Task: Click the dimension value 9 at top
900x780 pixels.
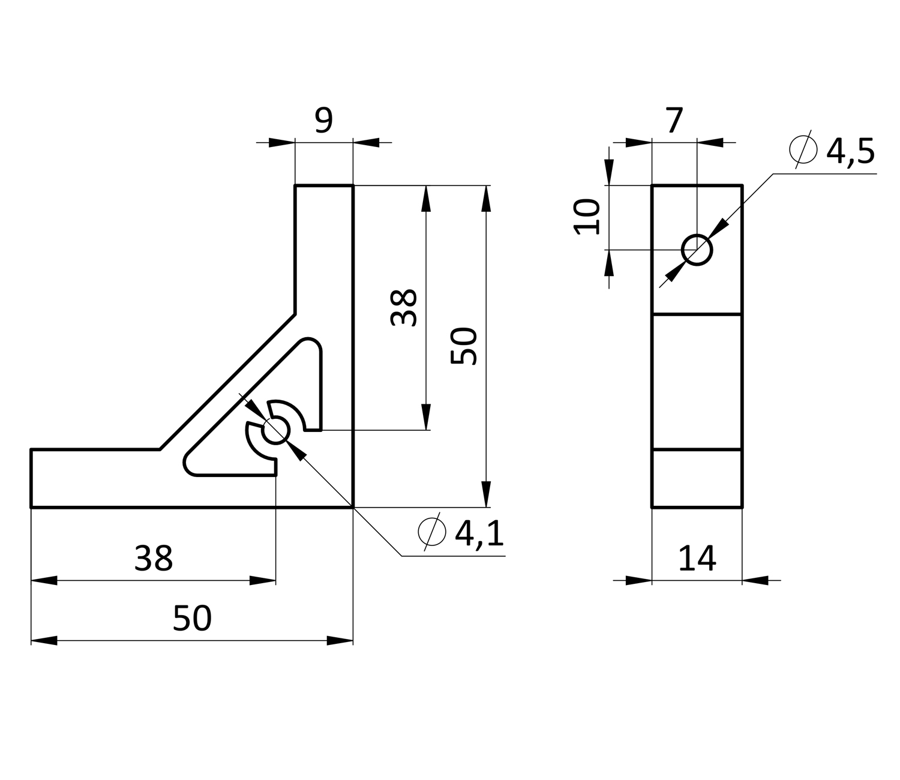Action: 323,120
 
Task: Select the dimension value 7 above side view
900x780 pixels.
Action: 674,120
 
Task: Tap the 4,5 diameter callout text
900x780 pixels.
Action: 850,152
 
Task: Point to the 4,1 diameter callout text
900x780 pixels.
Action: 479,533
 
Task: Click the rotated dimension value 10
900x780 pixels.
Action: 587,217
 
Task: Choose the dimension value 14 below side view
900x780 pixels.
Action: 697,558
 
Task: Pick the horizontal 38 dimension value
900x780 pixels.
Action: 153,559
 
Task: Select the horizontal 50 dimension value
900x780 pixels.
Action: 192,618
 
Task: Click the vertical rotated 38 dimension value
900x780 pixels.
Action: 404,307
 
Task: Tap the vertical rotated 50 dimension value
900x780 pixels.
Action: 464,346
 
